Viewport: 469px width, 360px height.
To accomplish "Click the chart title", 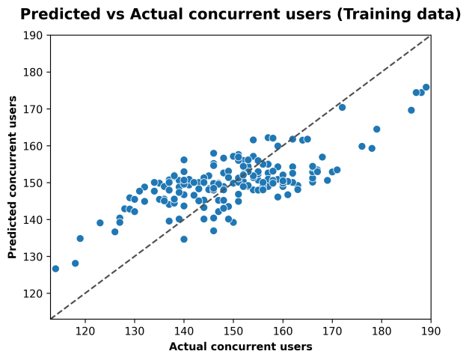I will coord(240,14).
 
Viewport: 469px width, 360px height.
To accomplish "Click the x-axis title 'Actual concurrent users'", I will coord(240,347).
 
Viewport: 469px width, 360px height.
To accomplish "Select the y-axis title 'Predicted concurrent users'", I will coord(13,177).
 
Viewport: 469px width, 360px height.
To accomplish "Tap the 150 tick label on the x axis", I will coord(233,329).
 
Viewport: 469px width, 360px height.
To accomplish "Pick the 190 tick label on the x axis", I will coord(431,329).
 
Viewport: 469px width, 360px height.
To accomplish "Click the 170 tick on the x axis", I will coord(332,320).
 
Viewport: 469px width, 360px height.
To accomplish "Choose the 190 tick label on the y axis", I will coord(33,35).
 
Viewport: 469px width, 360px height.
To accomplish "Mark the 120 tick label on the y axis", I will coord(33,293).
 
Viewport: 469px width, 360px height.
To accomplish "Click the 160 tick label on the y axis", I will coord(33,146).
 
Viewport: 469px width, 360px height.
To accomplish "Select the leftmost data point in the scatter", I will coord(55,269).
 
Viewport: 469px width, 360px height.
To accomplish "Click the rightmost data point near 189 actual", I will coord(426,88).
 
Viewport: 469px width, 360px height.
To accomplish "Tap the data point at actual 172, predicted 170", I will coord(342,107).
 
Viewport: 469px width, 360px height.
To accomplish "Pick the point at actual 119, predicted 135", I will coord(80,239).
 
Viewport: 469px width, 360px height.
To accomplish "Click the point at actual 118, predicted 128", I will coord(76,263).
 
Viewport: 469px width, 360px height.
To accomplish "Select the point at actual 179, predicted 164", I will coord(376,129).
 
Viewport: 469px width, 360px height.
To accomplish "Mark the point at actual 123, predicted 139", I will coord(100,223).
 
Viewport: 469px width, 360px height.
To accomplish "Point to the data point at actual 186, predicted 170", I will coord(411,110).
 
